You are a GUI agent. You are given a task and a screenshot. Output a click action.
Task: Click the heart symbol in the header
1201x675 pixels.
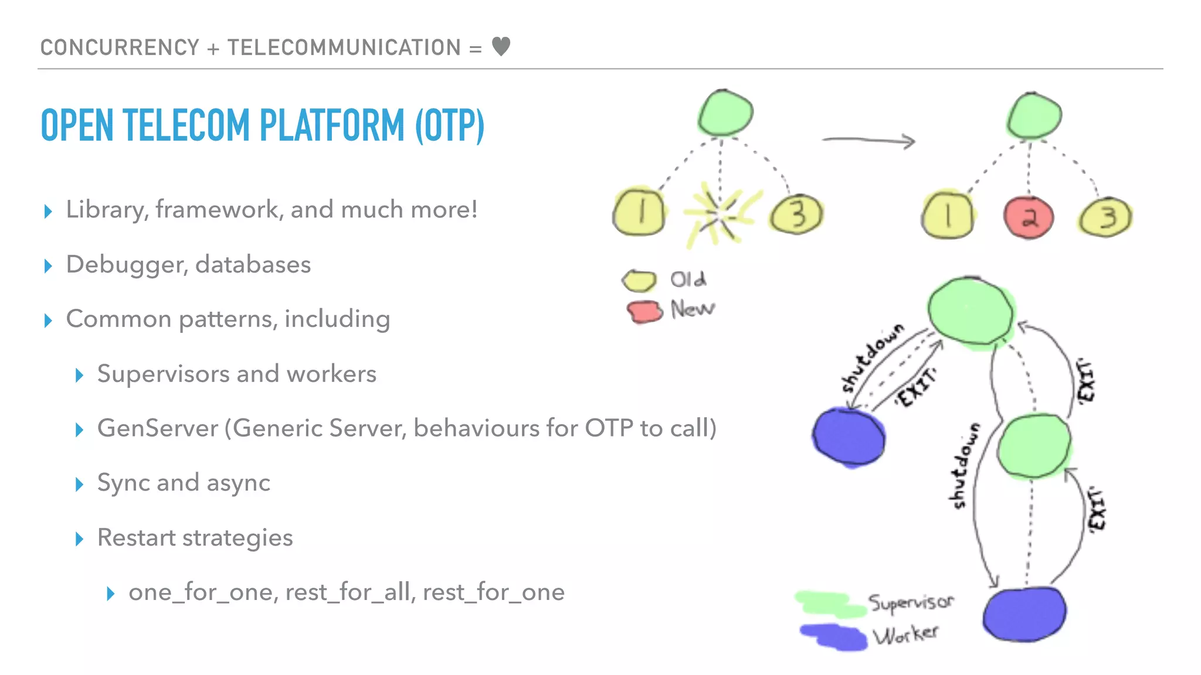(x=501, y=46)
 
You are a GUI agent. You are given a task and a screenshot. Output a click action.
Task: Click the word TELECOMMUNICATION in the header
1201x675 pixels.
(x=344, y=47)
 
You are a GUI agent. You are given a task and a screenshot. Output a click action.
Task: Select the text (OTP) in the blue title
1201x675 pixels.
(x=450, y=125)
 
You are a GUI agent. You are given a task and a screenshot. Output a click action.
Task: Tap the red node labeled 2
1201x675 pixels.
(x=1029, y=217)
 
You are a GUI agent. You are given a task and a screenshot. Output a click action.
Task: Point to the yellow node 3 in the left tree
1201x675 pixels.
(x=796, y=215)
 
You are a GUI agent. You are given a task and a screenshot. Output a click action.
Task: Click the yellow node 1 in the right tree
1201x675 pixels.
(x=947, y=215)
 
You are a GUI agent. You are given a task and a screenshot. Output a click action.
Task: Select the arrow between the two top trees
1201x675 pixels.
(x=868, y=140)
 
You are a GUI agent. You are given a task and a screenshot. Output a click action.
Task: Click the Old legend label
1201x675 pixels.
(x=688, y=279)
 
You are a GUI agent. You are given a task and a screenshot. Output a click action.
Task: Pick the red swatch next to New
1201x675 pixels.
(x=644, y=311)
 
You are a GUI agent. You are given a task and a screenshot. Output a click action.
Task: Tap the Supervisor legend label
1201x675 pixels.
(x=911, y=602)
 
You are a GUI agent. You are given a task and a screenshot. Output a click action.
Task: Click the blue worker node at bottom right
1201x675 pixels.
(x=1024, y=614)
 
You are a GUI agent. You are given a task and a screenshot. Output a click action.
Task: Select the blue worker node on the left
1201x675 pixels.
(x=849, y=438)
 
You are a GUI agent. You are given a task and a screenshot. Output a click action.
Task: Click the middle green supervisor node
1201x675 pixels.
(x=1033, y=446)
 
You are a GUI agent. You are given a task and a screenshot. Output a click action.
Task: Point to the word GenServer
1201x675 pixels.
(x=157, y=428)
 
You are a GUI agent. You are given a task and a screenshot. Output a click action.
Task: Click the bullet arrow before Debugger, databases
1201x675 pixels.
(x=48, y=266)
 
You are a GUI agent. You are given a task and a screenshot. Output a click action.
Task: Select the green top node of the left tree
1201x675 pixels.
(x=725, y=112)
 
